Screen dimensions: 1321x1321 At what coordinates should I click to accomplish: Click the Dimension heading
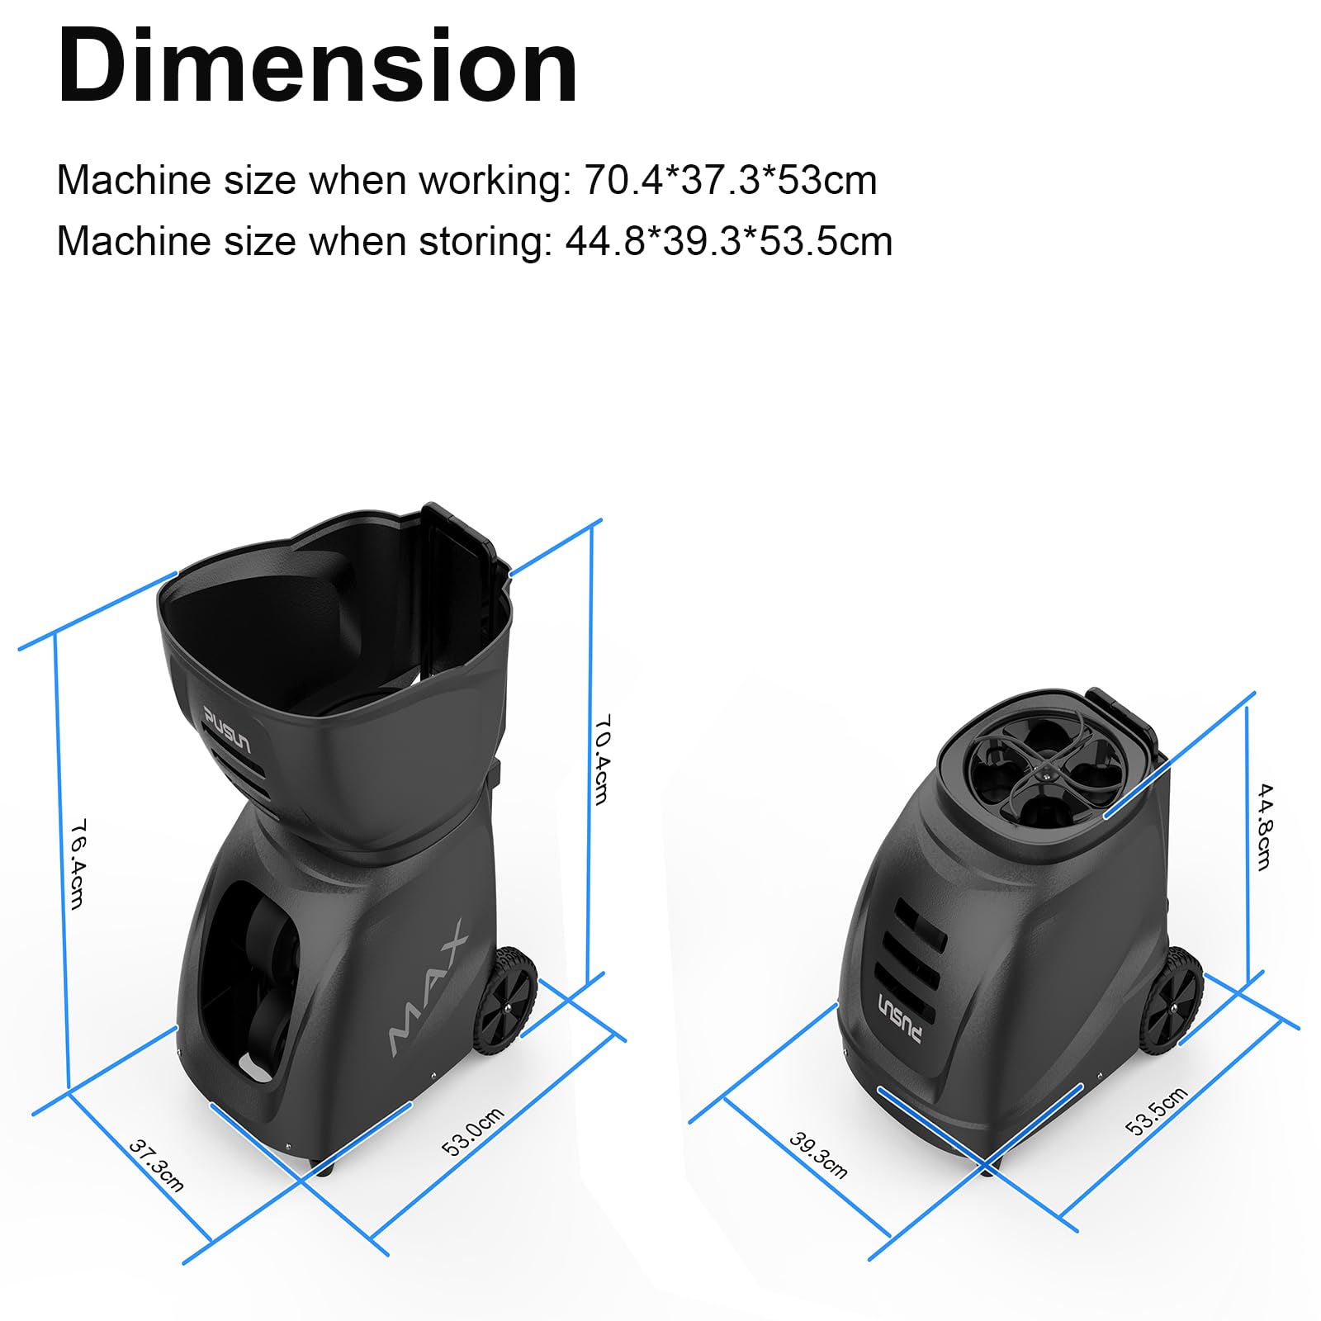click(318, 66)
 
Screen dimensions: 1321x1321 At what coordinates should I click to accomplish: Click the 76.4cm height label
click(77, 864)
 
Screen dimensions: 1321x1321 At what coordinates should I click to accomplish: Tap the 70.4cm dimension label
click(603, 760)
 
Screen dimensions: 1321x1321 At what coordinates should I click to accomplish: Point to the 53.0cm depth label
click(473, 1131)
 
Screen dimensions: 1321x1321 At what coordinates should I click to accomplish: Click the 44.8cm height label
click(1264, 826)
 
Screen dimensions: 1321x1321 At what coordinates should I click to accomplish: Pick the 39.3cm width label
click(818, 1155)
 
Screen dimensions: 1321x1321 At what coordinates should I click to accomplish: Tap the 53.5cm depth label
click(1157, 1110)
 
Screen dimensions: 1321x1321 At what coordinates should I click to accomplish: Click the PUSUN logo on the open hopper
click(226, 730)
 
